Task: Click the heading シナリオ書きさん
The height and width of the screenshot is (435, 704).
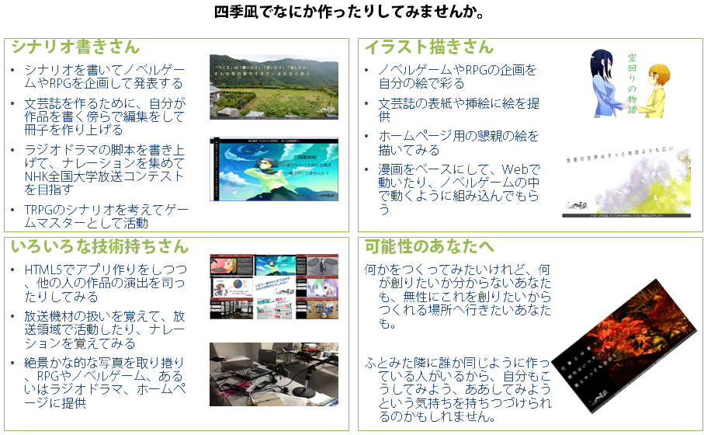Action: coord(75,47)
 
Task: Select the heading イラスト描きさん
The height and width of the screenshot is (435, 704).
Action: coord(429,47)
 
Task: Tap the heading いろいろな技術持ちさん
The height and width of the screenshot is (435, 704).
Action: coord(99,247)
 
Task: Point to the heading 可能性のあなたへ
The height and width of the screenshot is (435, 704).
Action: coord(429,247)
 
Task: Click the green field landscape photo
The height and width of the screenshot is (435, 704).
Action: coord(273,86)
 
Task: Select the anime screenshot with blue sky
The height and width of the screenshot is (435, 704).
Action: coord(273,169)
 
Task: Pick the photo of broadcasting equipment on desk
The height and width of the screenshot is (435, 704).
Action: coord(273,374)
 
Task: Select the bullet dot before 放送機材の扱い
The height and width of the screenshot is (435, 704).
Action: coord(13,317)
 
